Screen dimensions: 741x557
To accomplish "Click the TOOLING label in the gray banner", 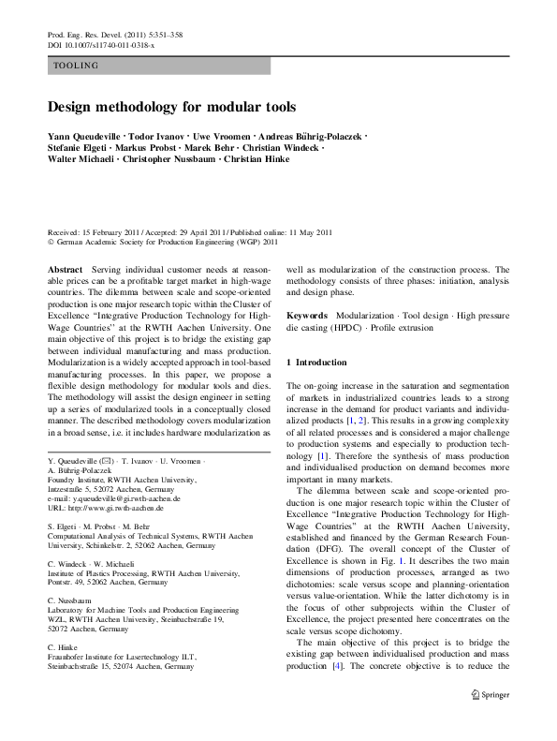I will (76, 66).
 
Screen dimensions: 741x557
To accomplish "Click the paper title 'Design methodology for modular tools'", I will (171, 107).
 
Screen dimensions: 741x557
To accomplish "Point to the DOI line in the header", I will (101, 44).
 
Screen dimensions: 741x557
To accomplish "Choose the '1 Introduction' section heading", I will (316, 362).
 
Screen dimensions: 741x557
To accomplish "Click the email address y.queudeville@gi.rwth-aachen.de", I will (117, 500).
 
